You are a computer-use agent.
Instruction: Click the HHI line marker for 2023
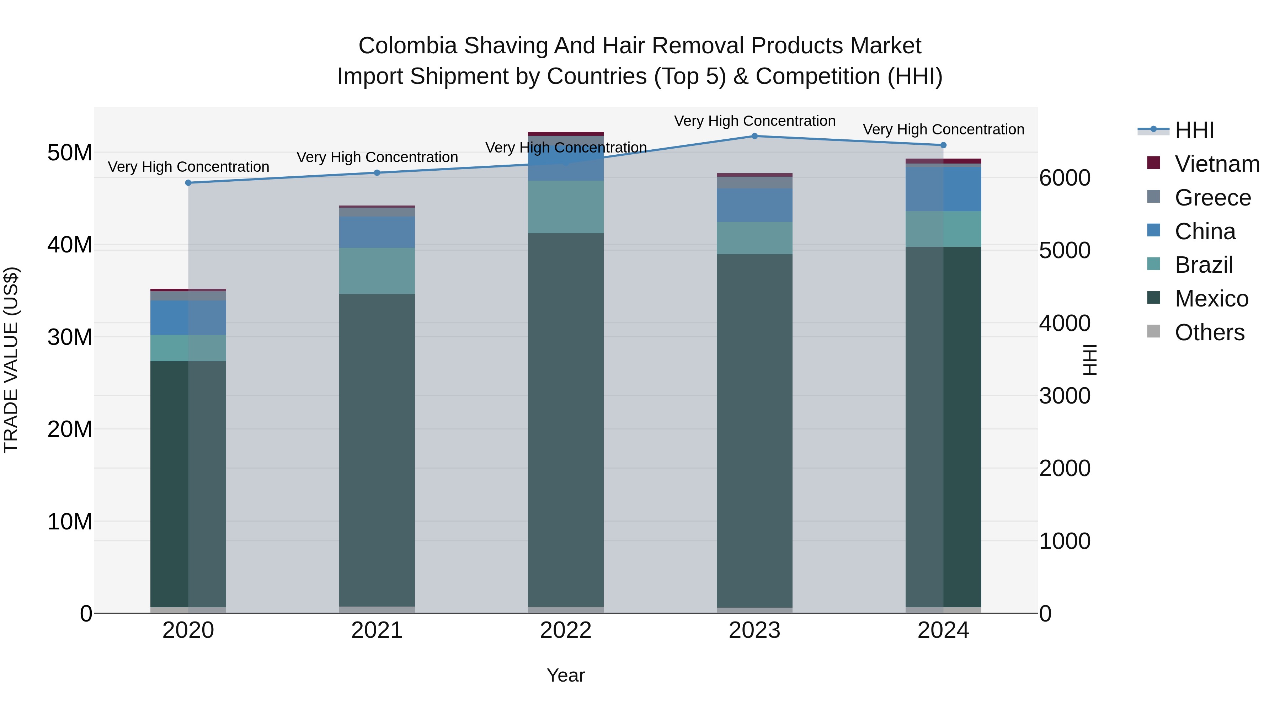coord(754,136)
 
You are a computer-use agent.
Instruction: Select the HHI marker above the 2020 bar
coord(188,183)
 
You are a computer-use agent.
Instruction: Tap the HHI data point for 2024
coord(943,145)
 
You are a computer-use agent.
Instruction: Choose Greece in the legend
coord(1212,198)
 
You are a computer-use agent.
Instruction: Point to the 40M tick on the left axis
coord(70,245)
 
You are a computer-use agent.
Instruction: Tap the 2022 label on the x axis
coord(565,630)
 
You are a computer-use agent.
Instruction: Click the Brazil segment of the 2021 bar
coord(377,271)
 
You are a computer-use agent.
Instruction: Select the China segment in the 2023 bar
coord(754,205)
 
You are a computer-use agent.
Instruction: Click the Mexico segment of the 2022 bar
coord(565,420)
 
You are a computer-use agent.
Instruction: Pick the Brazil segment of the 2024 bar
coord(943,229)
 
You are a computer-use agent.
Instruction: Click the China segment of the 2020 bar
coord(188,318)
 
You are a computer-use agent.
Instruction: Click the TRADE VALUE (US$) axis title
coord(11,360)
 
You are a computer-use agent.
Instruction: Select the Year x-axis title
coord(565,675)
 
